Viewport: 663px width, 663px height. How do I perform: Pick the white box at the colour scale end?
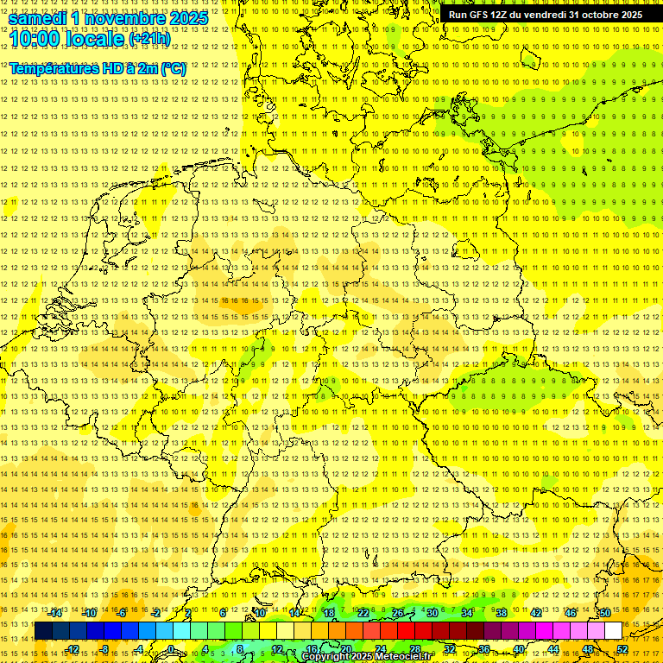613,630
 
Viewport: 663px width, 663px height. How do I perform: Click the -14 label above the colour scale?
55,613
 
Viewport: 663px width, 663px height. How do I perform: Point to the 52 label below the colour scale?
622,649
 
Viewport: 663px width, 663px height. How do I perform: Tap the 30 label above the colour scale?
433,613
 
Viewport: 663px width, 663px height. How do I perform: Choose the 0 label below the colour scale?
171,649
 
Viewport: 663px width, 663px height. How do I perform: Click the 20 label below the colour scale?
345,649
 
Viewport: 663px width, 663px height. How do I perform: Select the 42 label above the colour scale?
536,613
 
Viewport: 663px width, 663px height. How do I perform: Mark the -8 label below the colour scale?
104,649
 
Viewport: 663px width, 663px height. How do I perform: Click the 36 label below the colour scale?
484,649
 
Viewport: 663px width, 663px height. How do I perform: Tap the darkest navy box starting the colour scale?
43,630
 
